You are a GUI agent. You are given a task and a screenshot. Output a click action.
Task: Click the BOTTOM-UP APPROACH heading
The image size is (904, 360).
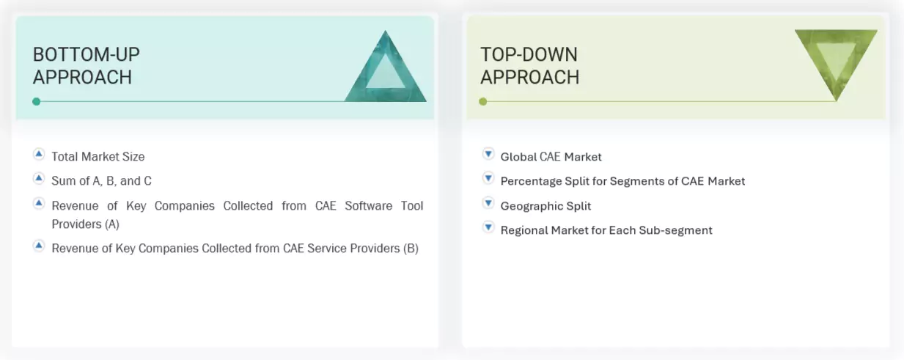coord(86,65)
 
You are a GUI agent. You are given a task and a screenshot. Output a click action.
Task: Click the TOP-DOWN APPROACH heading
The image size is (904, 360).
coord(529,65)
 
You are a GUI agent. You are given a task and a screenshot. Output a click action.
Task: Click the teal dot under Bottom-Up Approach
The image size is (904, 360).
coord(36,101)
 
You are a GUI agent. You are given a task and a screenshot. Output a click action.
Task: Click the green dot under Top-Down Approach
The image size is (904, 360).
coord(482,101)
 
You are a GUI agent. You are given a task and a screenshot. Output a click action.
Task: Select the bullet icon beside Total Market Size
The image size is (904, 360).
coord(39,154)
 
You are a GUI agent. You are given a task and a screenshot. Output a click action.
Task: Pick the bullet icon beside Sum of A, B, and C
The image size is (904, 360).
coord(39,178)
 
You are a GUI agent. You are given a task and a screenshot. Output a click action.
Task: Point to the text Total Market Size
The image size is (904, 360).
coord(98,156)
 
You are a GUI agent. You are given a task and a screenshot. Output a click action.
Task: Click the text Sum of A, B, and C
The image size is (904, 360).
coord(101,180)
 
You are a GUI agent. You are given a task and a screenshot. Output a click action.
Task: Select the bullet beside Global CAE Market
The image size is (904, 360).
coord(488,154)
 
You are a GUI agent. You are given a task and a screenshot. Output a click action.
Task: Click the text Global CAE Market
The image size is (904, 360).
coord(551,156)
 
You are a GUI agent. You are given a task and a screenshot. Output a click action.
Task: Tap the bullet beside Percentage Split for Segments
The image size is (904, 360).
coord(488,178)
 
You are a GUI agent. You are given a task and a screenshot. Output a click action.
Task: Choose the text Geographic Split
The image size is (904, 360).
coord(545,206)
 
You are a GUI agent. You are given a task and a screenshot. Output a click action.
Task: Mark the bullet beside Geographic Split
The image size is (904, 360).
coord(488,203)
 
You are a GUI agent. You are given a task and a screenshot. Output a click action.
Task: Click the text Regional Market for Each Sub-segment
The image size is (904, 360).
coord(606,230)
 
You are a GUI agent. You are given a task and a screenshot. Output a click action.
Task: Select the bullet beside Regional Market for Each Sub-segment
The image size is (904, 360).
coord(488,227)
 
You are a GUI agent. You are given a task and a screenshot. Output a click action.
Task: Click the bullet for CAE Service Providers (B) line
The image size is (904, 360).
coord(39,246)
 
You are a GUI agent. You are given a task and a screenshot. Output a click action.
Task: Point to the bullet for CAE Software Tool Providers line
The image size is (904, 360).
coord(39,203)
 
